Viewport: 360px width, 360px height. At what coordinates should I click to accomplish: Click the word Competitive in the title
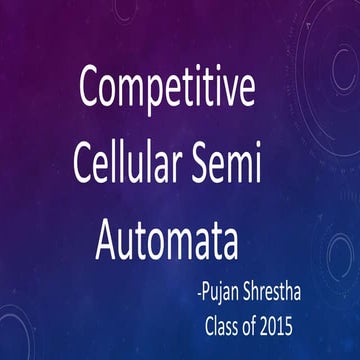(167, 90)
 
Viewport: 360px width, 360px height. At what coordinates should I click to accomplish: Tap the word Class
(223, 325)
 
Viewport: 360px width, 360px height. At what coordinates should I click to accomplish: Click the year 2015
(290, 325)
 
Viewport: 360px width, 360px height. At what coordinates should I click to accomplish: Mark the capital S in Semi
(208, 165)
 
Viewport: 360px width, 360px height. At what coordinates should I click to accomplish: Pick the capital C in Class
(208, 325)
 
